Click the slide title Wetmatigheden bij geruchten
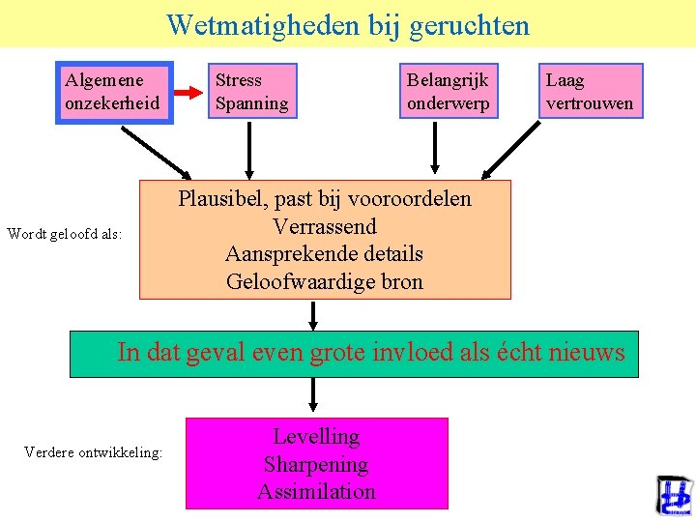pyautogui.click(x=348, y=24)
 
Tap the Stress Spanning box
pyautogui.click(x=252, y=92)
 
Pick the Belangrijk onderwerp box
pyautogui.click(x=449, y=92)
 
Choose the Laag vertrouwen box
pyautogui.click(x=590, y=92)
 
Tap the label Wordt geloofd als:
pyautogui.click(x=64, y=233)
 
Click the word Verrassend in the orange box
pyautogui.click(x=324, y=227)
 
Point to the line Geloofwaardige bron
pyautogui.click(x=324, y=282)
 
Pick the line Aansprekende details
pyautogui.click(x=324, y=254)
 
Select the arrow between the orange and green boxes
pyautogui.click(x=313, y=315)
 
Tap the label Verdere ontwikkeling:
pyautogui.click(x=93, y=451)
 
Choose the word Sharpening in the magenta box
pyautogui.click(x=316, y=464)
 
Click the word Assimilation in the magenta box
pyautogui.click(x=316, y=491)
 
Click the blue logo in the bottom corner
pyautogui.click(x=674, y=496)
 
